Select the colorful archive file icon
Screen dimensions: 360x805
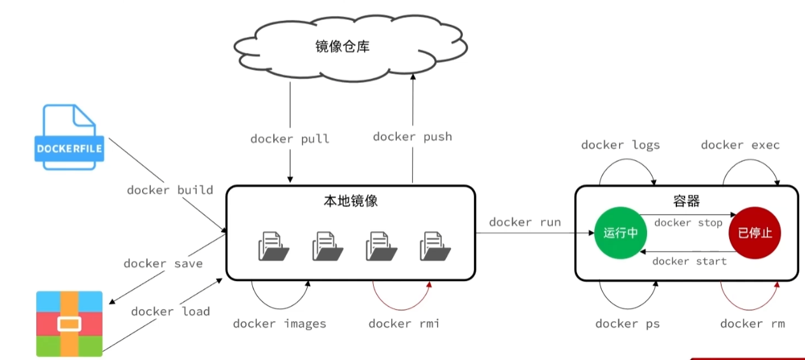pos(69,324)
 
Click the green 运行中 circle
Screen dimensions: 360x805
pos(620,233)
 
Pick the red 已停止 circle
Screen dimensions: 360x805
pos(755,233)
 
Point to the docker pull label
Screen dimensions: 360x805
pos(290,139)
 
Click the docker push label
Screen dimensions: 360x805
pos(412,136)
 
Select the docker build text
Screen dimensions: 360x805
pos(169,190)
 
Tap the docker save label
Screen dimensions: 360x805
pos(163,263)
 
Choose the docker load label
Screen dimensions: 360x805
pos(170,311)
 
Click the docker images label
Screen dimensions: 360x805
pos(279,324)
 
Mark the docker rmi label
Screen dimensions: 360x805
pos(404,324)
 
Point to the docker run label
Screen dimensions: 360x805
pos(525,222)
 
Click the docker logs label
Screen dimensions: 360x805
pos(620,145)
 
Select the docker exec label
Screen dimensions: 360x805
pos(740,145)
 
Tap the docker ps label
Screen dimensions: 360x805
pos(627,324)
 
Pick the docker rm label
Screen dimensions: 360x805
pos(752,324)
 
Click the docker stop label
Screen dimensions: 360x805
pos(688,222)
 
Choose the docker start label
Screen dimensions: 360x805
pos(689,261)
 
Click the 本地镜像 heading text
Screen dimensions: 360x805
pos(350,201)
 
